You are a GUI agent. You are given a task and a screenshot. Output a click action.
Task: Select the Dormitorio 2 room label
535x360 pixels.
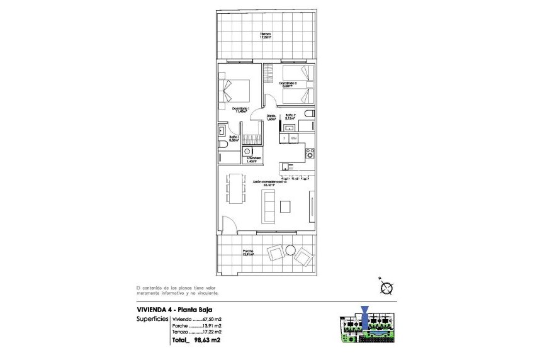click(288, 84)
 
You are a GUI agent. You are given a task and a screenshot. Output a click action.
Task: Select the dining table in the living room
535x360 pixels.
click(237, 188)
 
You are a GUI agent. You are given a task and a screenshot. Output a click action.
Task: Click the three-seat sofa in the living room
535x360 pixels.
click(268, 206)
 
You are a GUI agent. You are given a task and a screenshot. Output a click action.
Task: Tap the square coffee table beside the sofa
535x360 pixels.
click(286, 206)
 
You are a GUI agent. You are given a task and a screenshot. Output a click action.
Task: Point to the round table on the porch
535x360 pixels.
click(290, 250)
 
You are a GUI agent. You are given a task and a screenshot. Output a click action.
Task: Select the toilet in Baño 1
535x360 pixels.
click(224, 145)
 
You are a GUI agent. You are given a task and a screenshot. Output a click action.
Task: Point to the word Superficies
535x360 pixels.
click(151, 319)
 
